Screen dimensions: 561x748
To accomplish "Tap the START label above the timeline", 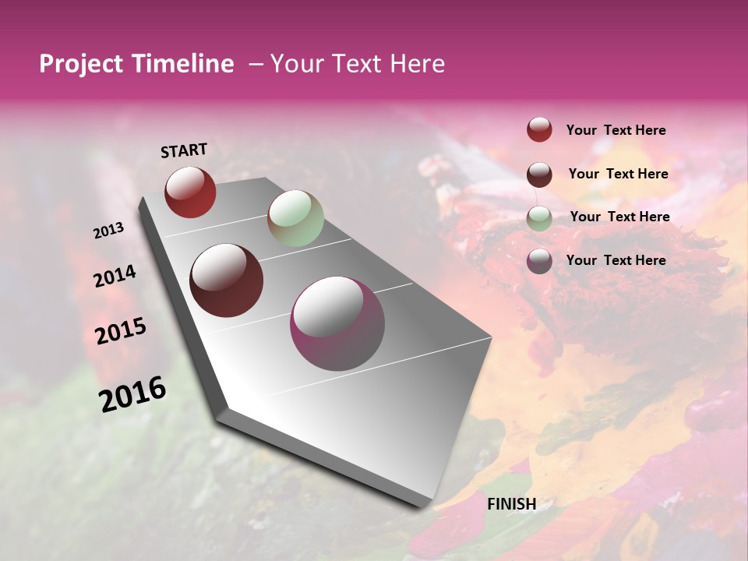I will click(184, 150).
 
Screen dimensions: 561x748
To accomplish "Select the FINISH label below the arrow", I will click(511, 504).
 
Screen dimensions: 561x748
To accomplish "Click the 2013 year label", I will click(109, 231).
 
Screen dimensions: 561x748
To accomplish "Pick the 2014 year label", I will click(115, 276).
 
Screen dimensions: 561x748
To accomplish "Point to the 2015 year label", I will click(121, 331).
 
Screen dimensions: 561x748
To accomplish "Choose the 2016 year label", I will click(132, 393).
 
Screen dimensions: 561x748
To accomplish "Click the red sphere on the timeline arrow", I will click(190, 192).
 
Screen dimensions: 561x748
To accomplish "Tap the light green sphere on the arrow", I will click(295, 218).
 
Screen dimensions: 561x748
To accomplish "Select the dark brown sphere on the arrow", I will click(227, 280).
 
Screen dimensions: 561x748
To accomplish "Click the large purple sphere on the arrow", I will click(337, 323).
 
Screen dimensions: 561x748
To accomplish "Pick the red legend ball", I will click(539, 129).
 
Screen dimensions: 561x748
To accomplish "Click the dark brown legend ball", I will click(539, 174).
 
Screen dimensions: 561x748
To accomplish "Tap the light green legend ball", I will click(539, 217).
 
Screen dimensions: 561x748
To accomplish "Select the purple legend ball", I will click(539, 261).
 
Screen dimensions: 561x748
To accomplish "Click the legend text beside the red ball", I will click(616, 130).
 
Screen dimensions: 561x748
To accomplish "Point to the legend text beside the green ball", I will click(619, 217).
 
